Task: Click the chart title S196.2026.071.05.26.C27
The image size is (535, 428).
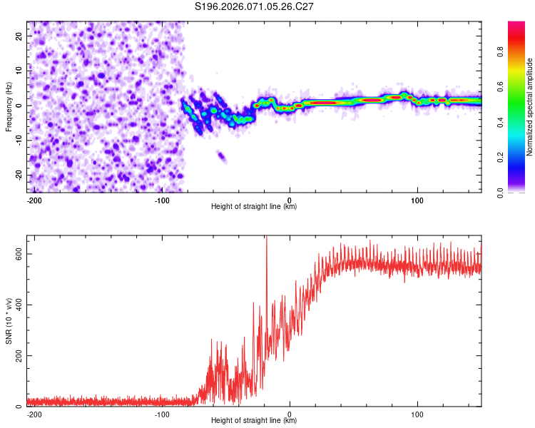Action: pyautogui.click(x=255, y=6)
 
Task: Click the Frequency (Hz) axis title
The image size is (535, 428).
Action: pyautogui.click(x=9, y=106)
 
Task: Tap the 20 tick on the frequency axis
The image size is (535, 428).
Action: pyautogui.click(x=19, y=36)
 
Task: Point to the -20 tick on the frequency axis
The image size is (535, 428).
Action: pyautogui.click(x=18, y=175)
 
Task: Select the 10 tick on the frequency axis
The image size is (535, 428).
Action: pyautogui.click(x=19, y=71)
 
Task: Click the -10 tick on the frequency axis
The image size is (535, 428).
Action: pyautogui.click(x=18, y=141)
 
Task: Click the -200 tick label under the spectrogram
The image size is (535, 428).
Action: pyautogui.click(x=34, y=200)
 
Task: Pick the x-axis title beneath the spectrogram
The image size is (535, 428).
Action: pyautogui.click(x=254, y=207)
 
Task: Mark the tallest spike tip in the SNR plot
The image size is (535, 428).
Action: pyautogui.click(x=267, y=237)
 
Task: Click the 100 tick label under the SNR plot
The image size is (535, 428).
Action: pyautogui.click(x=417, y=414)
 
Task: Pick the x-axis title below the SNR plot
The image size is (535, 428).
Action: pyautogui.click(x=254, y=421)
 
